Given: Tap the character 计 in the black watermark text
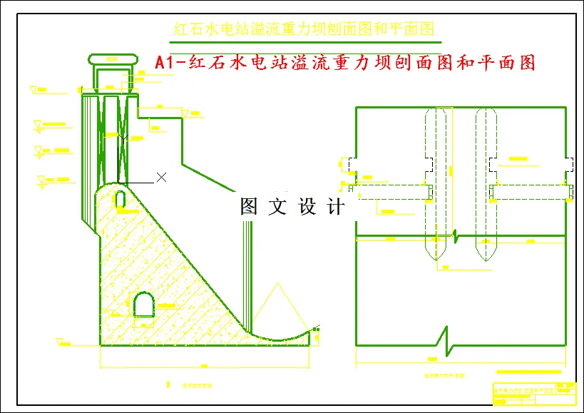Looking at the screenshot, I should click(336, 208).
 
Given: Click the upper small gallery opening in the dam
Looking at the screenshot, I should click(121, 198).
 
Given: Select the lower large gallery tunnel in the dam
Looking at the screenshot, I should click(144, 305).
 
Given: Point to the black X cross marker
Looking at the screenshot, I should click(162, 177).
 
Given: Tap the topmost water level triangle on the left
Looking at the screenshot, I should click(34, 90).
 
